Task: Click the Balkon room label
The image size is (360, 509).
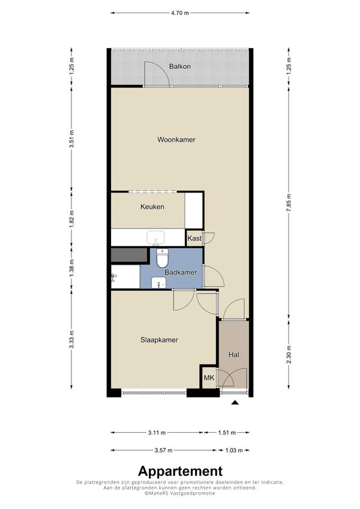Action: tap(179, 67)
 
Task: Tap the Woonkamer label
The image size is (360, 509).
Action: tap(176, 140)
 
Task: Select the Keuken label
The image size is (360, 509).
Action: tap(152, 207)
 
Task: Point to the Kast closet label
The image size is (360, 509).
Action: tap(194, 238)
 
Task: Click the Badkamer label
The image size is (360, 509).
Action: tap(181, 272)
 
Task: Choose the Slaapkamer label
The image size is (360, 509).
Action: tap(159, 340)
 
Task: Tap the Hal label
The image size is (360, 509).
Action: tap(233, 355)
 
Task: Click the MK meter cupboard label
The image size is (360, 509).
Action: tap(209, 378)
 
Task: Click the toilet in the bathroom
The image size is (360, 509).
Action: tap(162, 258)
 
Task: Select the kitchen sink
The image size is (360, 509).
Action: tap(156, 238)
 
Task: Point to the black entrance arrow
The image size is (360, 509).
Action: tap(235, 402)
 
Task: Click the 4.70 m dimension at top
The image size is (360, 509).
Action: tap(179, 13)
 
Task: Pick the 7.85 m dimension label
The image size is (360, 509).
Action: tap(289, 203)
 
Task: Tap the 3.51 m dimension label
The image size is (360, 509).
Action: tap(72, 139)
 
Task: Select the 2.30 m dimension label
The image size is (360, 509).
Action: tap(289, 355)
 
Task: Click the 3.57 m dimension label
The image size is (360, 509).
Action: tap(163, 450)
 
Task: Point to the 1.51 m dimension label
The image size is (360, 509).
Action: tap(227, 432)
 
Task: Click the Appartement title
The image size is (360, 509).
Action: tap(181, 471)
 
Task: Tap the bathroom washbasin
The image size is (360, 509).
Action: tap(158, 283)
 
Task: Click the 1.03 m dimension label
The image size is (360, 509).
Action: tap(234, 450)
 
